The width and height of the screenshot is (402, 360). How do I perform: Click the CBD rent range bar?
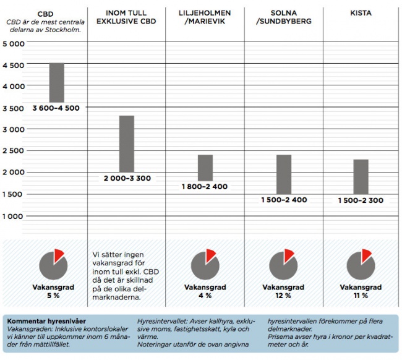point(56,83)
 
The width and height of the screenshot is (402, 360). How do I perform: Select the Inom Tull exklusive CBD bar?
point(126,144)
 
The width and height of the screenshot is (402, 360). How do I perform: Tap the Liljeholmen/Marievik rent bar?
point(205,168)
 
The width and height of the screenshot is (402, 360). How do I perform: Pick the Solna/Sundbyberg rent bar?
point(284,174)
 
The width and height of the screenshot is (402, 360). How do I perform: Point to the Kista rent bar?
point(361,176)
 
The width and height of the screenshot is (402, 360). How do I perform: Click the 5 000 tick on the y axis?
point(13,44)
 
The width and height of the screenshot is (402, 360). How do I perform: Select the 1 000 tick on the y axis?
point(13,216)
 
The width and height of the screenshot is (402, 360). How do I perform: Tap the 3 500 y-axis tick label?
point(13,109)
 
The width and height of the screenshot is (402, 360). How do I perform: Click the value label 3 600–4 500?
point(56,108)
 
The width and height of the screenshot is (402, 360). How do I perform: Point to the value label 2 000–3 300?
point(127,178)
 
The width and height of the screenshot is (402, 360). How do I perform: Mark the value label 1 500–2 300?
point(361,200)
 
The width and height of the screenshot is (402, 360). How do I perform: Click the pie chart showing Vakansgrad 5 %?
point(53,265)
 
